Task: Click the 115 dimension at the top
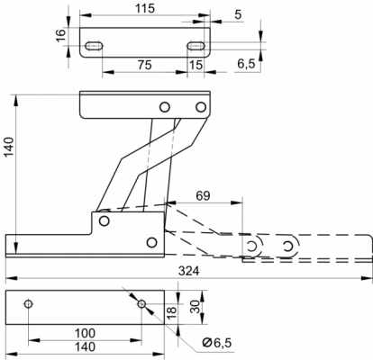[145, 8]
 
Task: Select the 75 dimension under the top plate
[145, 65]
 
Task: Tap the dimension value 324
[189, 271]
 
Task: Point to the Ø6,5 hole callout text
[217, 342]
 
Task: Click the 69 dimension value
[203, 195]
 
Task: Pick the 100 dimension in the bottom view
[85, 333]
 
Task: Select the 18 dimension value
[171, 312]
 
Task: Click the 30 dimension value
[196, 307]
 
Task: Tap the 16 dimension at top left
[61, 36]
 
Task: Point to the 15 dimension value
[196, 65]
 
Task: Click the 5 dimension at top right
[238, 14]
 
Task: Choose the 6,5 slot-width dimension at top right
[246, 64]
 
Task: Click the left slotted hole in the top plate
[94, 46]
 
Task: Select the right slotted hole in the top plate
[196, 46]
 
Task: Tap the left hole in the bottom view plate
[29, 304]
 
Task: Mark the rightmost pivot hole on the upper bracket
[201, 107]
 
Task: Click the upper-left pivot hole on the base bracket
[104, 221]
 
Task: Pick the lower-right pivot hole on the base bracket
[152, 242]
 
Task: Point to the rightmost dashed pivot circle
[288, 247]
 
